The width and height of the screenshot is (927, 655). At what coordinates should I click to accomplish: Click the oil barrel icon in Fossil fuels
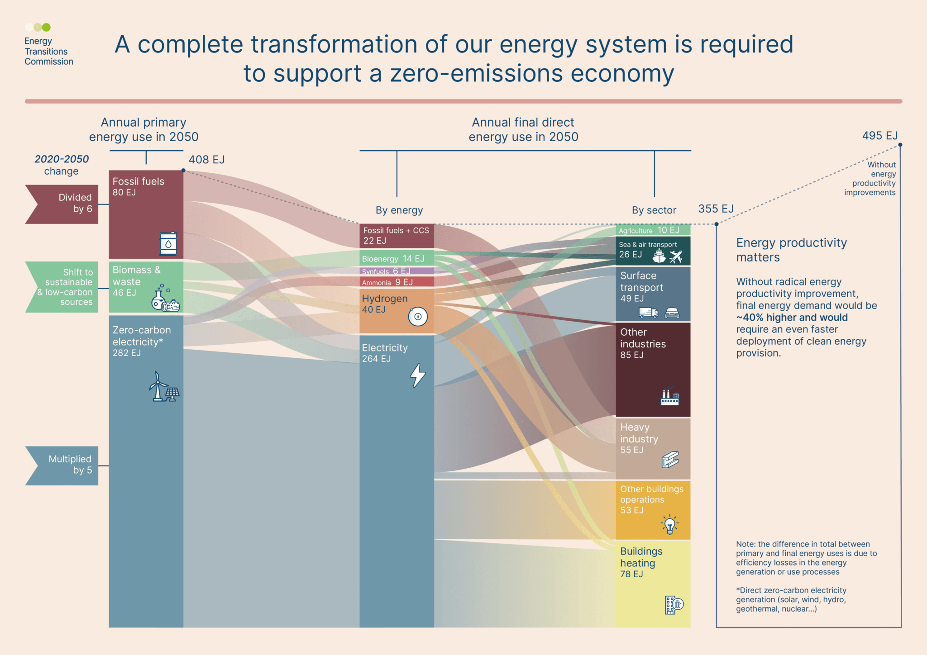[x=168, y=243]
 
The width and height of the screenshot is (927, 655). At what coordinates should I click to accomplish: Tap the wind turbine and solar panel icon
[x=163, y=387]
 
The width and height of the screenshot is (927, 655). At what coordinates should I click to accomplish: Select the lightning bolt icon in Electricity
[x=417, y=375]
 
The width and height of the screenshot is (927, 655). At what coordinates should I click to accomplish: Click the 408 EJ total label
[x=206, y=160]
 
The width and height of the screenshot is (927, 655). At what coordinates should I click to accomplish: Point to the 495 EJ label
[x=879, y=136]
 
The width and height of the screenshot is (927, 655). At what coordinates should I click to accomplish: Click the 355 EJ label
[x=715, y=209]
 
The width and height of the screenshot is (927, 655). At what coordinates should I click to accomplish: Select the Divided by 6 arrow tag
[x=62, y=204]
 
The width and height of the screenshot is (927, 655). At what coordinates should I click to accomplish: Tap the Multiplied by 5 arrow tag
[x=62, y=465]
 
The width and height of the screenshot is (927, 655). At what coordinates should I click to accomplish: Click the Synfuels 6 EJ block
[x=397, y=271]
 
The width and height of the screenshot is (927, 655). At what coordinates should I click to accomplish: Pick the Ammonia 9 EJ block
[x=397, y=282]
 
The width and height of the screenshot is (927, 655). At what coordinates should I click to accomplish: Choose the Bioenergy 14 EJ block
[x=397, y=259]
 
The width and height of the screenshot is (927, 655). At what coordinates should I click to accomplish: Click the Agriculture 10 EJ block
[x=653, y=230]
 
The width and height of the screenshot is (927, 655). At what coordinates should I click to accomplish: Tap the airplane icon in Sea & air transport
[x=675, y=256]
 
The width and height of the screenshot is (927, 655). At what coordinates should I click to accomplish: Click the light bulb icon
[x=669, y=524]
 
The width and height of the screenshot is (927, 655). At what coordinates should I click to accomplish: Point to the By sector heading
[x=654, y=210]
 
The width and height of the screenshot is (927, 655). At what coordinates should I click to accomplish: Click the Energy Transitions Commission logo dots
[x=38, y=27]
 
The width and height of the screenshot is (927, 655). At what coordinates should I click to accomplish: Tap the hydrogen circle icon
[x=417, y=317]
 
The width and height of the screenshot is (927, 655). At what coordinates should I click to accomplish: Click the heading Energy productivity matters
[x=791, y=250]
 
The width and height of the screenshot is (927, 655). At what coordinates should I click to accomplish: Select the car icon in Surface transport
[x=672, y=313]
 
